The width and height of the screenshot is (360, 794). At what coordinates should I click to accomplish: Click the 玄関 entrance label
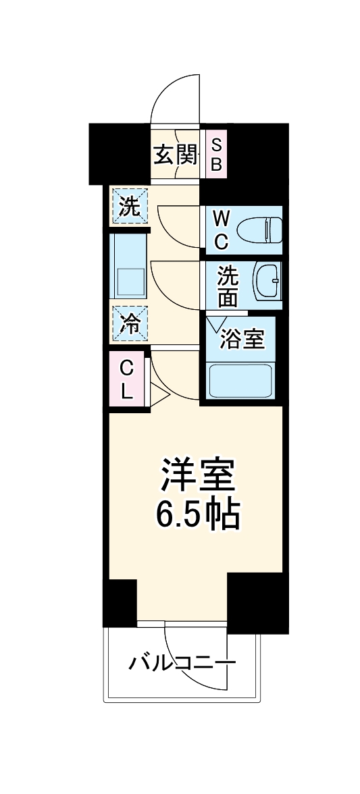(176, 155)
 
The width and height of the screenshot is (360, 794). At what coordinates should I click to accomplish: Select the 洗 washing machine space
(128, 207)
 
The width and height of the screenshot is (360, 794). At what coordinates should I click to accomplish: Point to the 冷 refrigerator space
(128, 324)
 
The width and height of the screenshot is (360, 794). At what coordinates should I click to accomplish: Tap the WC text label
(221, 230)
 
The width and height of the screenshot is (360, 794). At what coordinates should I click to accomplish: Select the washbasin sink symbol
(267, 282)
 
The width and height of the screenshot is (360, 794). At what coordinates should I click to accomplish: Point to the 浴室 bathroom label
(242, 340)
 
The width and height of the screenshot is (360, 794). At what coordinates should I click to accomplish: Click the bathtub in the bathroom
(240, 382)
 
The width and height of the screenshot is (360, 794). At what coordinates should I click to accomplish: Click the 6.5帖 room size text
(197, 516)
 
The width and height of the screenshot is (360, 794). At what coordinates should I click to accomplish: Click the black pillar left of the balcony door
(120, 601)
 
